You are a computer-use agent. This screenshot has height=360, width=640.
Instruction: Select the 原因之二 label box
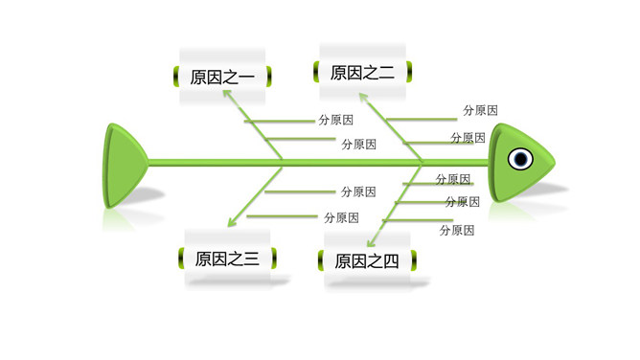tap(362, 72)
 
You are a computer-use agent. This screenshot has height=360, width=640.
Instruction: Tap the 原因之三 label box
tap(226, 259)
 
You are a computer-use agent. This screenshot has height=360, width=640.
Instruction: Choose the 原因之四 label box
tap(366, 261)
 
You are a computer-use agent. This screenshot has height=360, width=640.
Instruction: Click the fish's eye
tap(520, 159)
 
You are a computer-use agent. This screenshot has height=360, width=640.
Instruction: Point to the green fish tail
tap(123, 164)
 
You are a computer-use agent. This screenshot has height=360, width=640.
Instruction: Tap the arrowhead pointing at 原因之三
tap(230, 225)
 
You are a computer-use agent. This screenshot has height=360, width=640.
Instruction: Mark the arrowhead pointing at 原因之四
tap(373, 242)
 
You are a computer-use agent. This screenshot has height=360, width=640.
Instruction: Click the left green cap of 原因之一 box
tap(177, 75)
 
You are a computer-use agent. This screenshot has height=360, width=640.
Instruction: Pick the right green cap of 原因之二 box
tap(409, 70)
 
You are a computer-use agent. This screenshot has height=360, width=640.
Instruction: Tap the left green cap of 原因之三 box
tap(183, 258)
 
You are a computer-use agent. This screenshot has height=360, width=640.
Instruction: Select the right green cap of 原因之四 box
tap(413, 259)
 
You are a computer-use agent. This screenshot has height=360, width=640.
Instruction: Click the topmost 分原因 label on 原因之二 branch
tap(480, 111)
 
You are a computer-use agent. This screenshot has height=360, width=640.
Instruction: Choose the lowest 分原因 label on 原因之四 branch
tap(457, 230)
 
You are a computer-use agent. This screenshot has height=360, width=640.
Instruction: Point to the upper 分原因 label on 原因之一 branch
tap(335, 121)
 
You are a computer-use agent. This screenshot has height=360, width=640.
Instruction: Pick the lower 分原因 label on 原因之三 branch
tap(341, 217)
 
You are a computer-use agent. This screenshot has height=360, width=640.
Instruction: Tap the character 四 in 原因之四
tap(390, 261)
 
